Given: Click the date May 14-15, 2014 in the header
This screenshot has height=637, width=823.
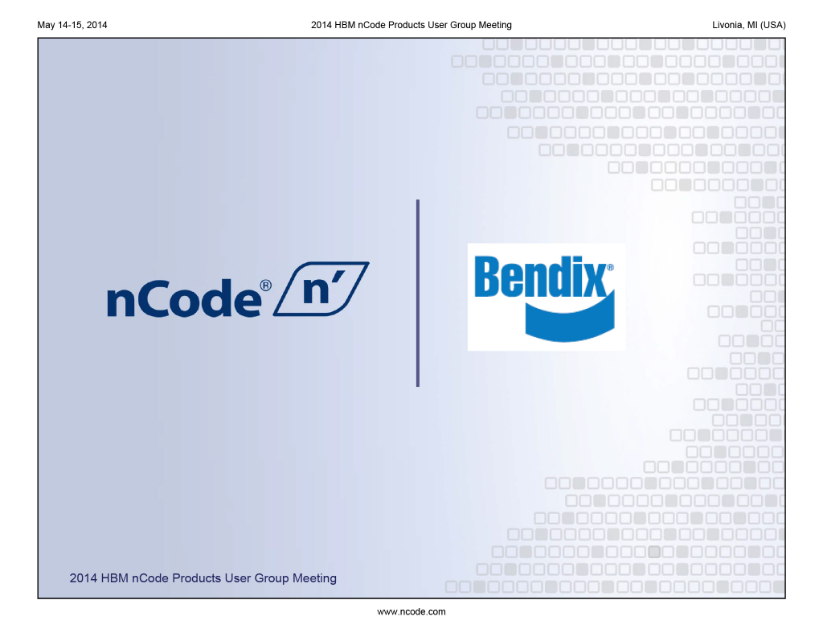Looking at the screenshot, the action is point(72,25).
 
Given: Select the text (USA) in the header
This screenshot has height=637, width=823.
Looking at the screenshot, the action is point(774,25).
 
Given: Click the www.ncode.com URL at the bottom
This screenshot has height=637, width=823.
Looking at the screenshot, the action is point(411,612).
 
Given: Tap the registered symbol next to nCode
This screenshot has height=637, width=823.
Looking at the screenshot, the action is point(265,286).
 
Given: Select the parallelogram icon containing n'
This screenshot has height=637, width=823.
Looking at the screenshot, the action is point(321,288).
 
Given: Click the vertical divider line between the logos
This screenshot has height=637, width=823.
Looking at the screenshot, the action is point(418,293).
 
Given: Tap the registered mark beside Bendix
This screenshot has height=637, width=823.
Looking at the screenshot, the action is point(610,267).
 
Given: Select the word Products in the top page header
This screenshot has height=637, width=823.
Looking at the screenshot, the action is point(405,25).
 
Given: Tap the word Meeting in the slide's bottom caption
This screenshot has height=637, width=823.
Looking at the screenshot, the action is point(314,578).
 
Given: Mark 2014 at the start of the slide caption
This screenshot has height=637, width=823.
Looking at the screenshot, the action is point(84,578).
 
